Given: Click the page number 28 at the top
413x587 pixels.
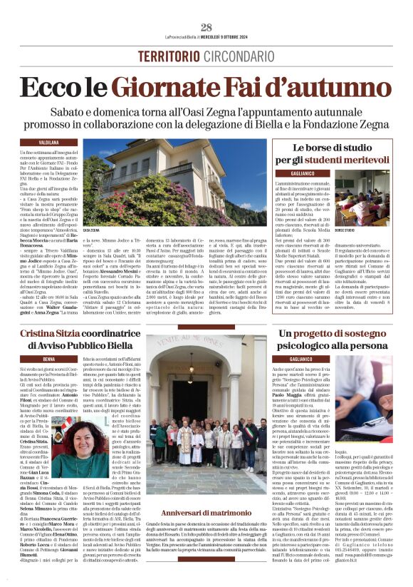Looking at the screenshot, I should pos(206,28).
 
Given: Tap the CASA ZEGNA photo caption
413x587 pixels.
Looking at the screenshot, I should pos(92,230).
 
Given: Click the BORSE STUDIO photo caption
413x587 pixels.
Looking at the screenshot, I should pos(345,230).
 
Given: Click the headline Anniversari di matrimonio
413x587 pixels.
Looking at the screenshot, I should pos(206,513).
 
